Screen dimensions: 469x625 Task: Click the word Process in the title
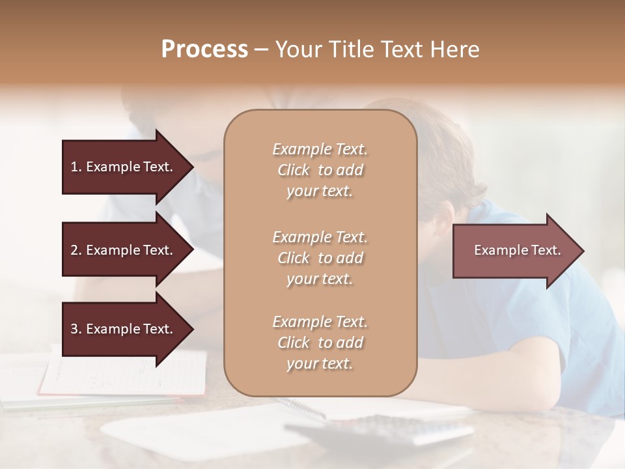tap(204, 50)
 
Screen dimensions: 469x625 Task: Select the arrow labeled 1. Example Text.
tap(124, 167)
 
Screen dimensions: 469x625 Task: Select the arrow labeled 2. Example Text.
tap(124, 250)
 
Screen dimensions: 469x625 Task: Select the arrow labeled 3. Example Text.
tap(124, 329)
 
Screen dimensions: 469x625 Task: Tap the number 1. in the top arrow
tap(76, 167)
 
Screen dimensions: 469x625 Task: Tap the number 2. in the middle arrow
tap(76, 250)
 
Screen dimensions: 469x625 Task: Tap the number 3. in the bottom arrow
tap(76, 329)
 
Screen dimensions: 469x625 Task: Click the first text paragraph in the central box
tap(320, 170)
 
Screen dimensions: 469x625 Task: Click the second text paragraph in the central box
tap(320, 258)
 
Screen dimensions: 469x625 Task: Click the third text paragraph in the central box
tap(320, 343)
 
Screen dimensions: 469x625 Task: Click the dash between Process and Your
tap(261, 50)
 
